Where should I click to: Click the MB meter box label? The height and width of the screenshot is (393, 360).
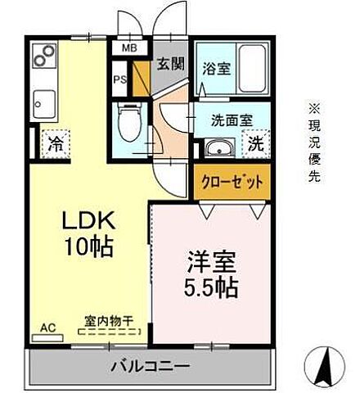128,48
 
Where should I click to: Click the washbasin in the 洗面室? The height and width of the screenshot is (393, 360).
218,148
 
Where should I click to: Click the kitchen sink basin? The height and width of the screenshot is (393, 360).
43,105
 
